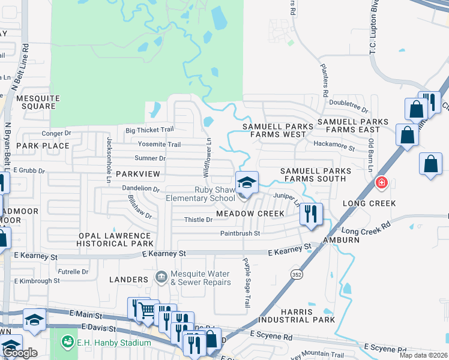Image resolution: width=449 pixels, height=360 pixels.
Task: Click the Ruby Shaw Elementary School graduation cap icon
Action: tap(247, 182)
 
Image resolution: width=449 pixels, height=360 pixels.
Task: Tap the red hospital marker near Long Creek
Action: tap(381, 182)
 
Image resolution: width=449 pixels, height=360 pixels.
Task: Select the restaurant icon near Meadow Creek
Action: tap(311, 214)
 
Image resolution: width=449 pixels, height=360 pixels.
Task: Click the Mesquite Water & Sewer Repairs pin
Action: tap(161, 277)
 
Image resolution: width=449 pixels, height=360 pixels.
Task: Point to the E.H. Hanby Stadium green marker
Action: tap(67, 343)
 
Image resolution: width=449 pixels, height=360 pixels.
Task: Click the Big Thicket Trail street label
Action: tap(149, 130)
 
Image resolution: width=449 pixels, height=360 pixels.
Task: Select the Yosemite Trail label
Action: tap(159, 145)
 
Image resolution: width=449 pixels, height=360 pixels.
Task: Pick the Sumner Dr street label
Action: tap(150, 158)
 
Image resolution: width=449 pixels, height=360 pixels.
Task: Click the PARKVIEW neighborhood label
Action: tap(139, 173)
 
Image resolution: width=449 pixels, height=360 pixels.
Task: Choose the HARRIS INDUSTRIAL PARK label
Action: tap(307, 316)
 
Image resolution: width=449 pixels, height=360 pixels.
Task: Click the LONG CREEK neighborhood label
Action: tap(369, 203)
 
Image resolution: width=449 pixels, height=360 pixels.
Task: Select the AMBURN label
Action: tap(341, 239)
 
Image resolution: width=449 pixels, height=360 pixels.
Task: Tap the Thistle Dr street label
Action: tap(199, 220)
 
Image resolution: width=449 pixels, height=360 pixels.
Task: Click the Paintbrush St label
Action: tap(240, 233)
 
